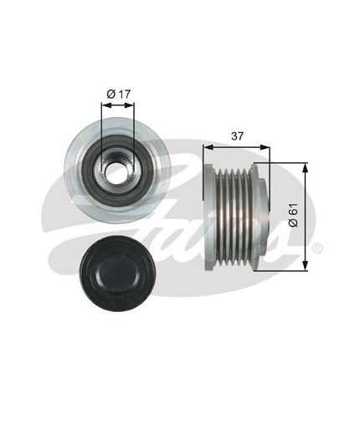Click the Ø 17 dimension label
(119, 95)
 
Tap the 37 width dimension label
(237, 136)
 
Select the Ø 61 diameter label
(294, 215)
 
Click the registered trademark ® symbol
(316, 248)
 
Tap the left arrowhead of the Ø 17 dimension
(105, 105)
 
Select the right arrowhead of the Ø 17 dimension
(129, 105)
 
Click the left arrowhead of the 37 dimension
(208, 147)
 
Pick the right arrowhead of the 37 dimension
(265, 147)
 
